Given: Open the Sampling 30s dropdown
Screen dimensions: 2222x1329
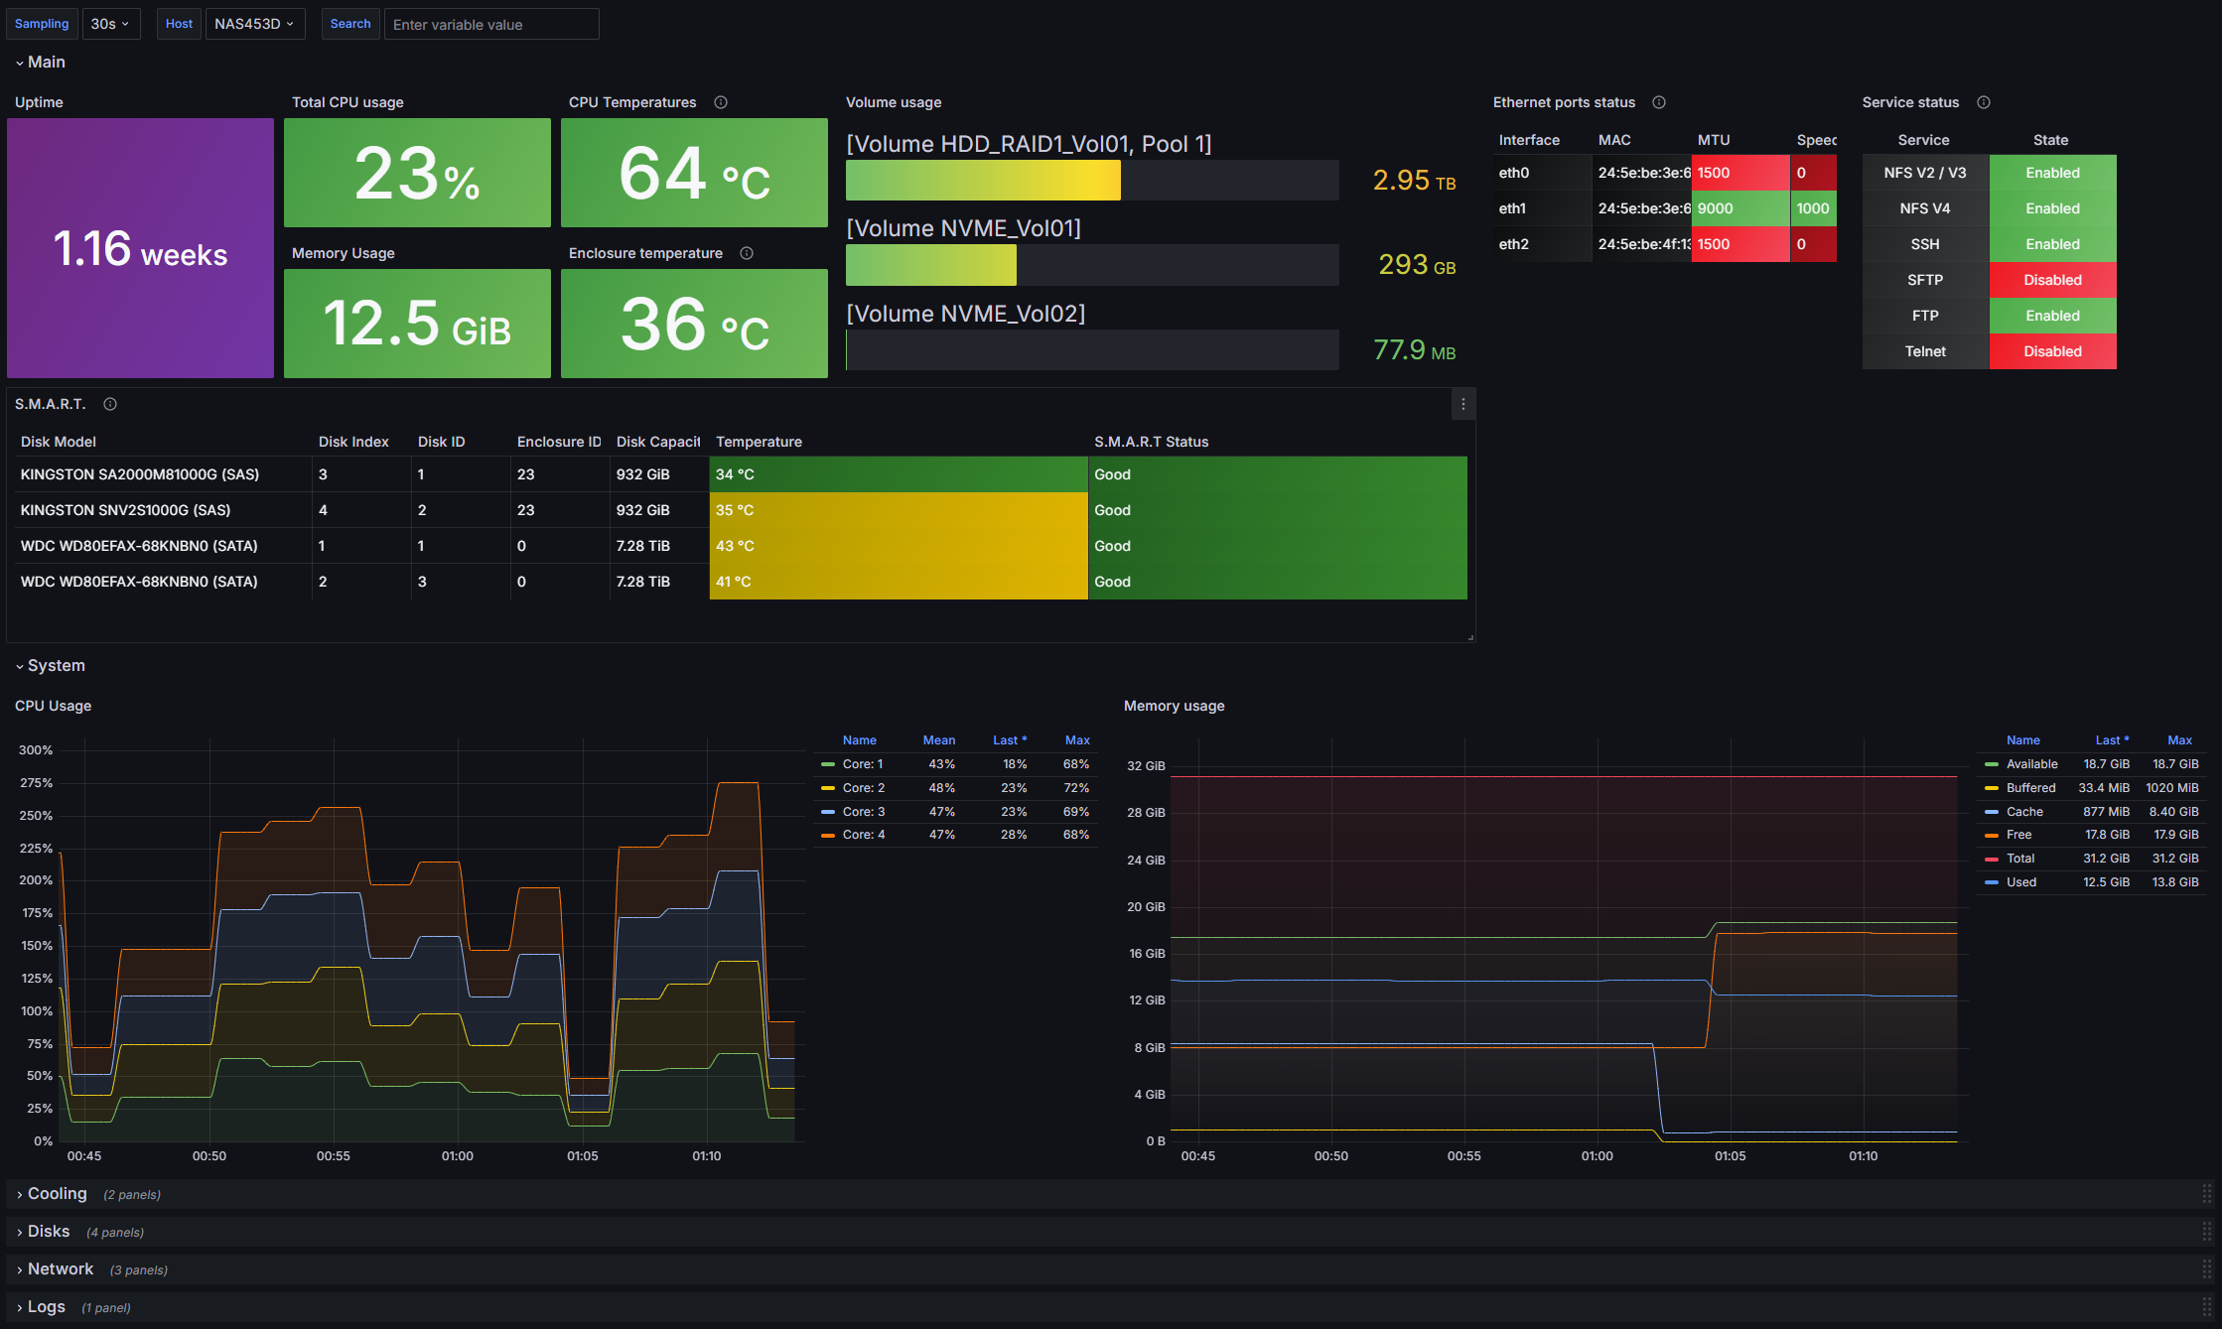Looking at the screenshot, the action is coord(110,24).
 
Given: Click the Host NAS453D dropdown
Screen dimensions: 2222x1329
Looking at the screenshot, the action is coord(254,24).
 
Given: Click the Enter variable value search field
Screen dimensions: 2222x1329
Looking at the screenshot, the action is coord(491,24).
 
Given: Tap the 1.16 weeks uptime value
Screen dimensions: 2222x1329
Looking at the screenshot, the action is coord(140,249).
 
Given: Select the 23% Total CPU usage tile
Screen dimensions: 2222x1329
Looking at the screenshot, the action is coord(417,173).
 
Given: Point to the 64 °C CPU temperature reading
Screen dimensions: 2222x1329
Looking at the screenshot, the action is coord(694,174).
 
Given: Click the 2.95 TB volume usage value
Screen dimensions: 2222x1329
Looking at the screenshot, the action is coord(1414,180).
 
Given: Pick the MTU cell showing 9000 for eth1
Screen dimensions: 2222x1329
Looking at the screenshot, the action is coord(1740,208).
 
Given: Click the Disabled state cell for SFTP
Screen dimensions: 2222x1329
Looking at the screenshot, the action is coord(2052,280).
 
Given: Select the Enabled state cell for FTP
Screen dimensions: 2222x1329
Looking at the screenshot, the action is coord(2052,316).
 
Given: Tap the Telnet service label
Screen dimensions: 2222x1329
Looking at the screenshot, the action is coord(1925,351).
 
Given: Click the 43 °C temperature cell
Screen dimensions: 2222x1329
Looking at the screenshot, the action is coord(899,546).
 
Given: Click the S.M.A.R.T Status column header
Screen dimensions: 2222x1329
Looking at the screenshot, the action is coord(1151,442).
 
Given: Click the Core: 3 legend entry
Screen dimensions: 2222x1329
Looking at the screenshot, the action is coord(863,811).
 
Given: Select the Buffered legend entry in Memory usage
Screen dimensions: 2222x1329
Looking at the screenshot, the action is coord(2030,787).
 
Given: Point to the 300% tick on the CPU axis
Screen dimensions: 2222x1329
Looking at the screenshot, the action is coord(36,750).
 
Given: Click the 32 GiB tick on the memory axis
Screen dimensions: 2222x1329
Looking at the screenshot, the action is coord(1146,766).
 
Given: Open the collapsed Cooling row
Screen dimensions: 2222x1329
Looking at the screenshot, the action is coord(57,1194).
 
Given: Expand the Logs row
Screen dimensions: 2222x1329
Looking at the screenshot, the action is coord(46,1307).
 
